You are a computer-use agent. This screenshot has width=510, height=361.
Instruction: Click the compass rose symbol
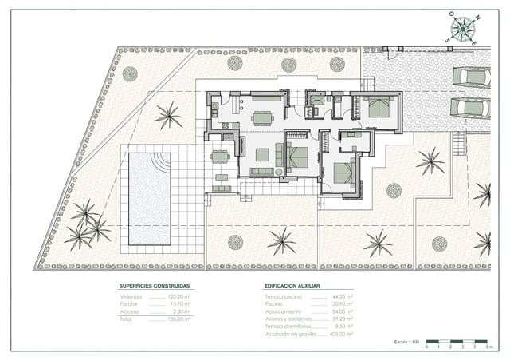coord(461,28)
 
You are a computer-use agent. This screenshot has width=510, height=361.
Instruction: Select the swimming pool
coord(150,198)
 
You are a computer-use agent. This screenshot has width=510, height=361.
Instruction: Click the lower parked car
coord(470,107)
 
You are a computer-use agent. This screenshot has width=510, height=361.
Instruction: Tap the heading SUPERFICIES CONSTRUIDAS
coord(155,285)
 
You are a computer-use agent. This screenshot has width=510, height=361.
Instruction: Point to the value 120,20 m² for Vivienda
coord(180,296)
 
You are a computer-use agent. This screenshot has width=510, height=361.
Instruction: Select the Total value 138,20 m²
coord(180,318)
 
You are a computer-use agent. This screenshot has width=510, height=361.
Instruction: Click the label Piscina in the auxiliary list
coord(274,303)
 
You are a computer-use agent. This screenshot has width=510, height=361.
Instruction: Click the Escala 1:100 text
coord(407,341)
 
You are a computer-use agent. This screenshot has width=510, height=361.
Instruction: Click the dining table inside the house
coord(262,118)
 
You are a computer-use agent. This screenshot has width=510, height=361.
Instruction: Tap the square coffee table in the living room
coord(262,154)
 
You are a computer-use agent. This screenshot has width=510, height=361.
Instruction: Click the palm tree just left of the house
coord(168,116)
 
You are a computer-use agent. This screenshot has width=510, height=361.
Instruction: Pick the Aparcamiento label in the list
coord(284,311)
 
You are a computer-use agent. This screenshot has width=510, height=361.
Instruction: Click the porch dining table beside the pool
coord(220,157)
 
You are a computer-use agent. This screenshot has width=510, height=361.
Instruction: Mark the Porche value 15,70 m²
coord(180,303)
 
